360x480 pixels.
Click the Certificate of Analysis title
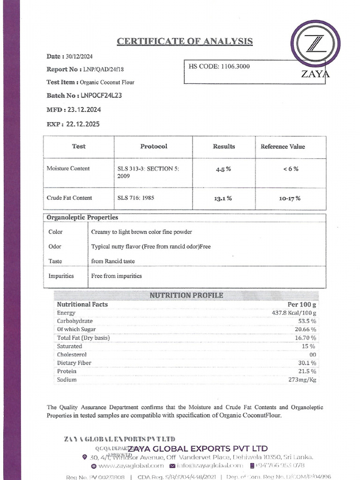[x=185, y=42]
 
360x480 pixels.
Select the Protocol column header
[x=153, y=147]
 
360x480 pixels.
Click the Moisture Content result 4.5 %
[x=223, y=169]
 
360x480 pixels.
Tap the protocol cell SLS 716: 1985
[x=135, y=198]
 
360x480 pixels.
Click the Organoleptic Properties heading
[x=82, y=217]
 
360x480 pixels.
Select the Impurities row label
[x=61, y=276]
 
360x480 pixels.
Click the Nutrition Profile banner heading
[x=186, y=295]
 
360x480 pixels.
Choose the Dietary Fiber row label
[x=74, y=363]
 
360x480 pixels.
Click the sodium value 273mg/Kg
[x=302, y=380]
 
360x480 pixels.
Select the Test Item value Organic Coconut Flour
[x=107, y=82]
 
